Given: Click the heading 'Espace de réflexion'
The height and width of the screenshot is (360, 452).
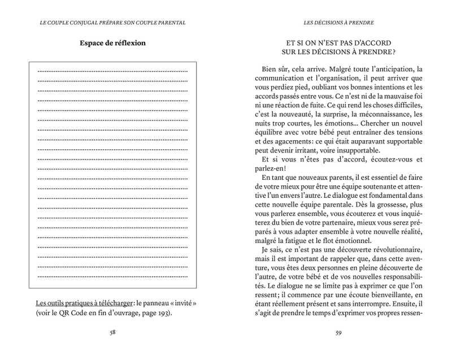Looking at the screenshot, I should (x=112, y=43).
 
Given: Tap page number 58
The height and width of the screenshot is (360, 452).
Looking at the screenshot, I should (x=113, y=332).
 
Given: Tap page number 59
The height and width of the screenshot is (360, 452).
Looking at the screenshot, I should (x=338, y=332).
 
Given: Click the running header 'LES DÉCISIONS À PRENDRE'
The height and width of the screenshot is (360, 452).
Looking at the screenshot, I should (x=338, y=23).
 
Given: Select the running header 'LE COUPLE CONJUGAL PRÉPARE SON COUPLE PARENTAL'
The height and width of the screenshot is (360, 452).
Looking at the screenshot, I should (x=113, y=23).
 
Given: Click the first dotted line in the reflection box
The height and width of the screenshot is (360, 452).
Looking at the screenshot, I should (x=112, y=71).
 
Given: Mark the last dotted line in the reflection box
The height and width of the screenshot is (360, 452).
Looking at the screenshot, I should (x=112, y=276).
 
